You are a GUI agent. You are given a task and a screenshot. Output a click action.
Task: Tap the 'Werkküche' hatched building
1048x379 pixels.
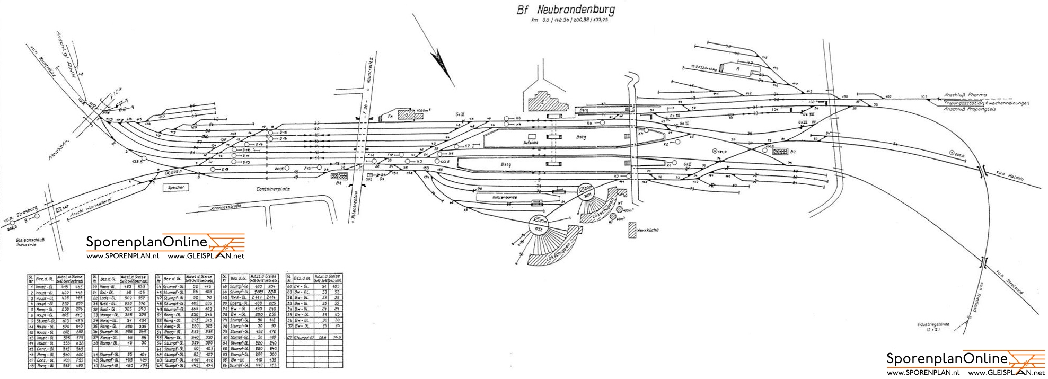tap(632, 230)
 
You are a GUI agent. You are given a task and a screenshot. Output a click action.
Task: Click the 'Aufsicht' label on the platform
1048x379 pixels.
tap(531, 143)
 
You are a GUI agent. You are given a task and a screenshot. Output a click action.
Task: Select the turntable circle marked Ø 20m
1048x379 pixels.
tap(586, 190)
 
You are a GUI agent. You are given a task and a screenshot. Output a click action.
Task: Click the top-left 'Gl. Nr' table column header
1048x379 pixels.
tap(31, 278)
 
